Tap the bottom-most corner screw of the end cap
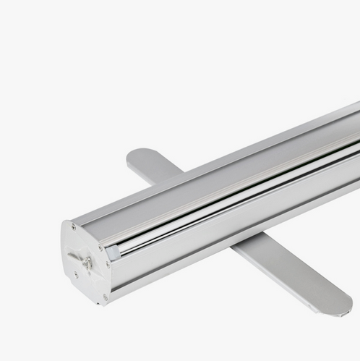[105, 296]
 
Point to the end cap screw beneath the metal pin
[77, 275]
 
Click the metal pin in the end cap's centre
[87, 262]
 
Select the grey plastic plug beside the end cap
[113, 253]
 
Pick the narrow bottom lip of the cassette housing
[217, 257]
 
